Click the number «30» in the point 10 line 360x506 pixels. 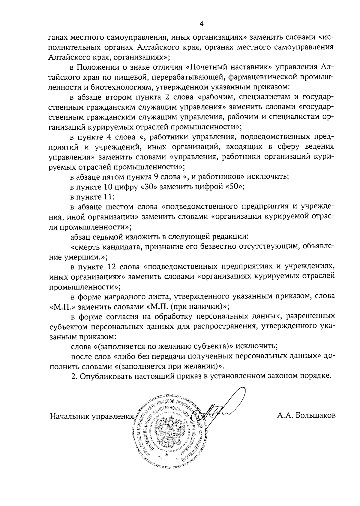coord(150,187)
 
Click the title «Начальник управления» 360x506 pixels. coord(92,416)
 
